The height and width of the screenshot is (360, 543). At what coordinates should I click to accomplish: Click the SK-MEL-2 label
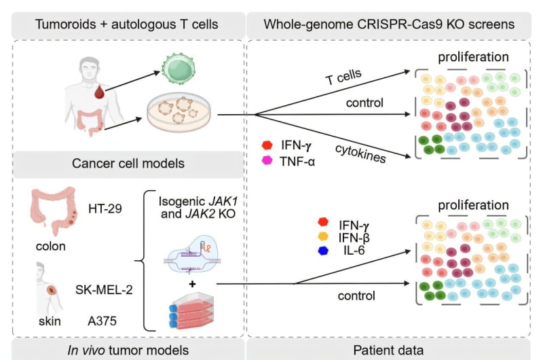tap(103, 291)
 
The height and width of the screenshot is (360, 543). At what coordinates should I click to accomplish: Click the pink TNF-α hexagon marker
tap(267, 160)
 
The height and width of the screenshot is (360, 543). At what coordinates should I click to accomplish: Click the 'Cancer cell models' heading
tap(128, 164)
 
